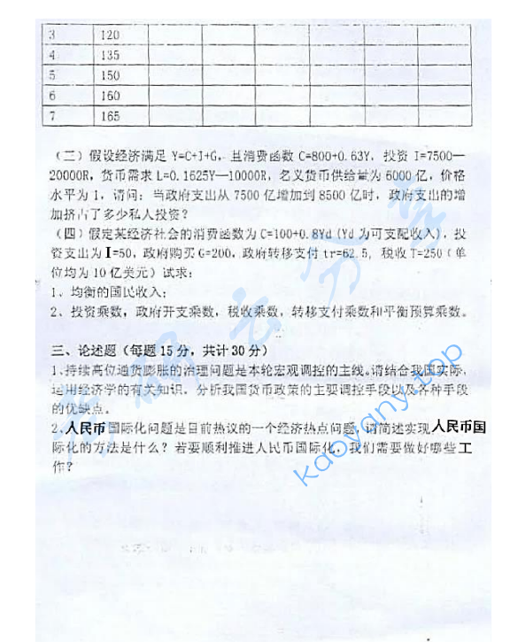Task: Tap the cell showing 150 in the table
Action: [112, 75]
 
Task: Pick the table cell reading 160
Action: [112, 96]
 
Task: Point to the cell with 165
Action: [112, 116]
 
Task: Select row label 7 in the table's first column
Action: [52, 116]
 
